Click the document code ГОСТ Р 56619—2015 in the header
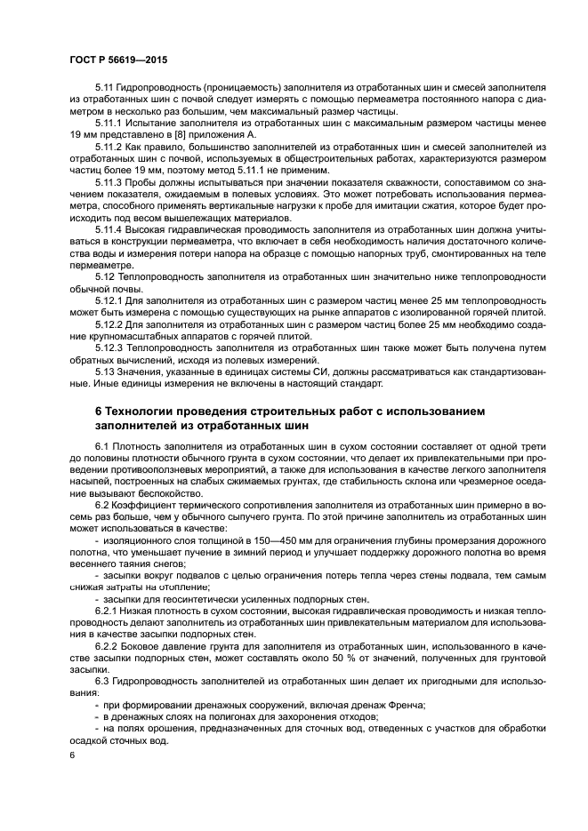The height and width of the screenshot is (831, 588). tap(117, 60)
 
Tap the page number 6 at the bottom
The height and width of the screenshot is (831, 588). tap(73, 754)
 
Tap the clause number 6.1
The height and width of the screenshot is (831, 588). tap(103, 443)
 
